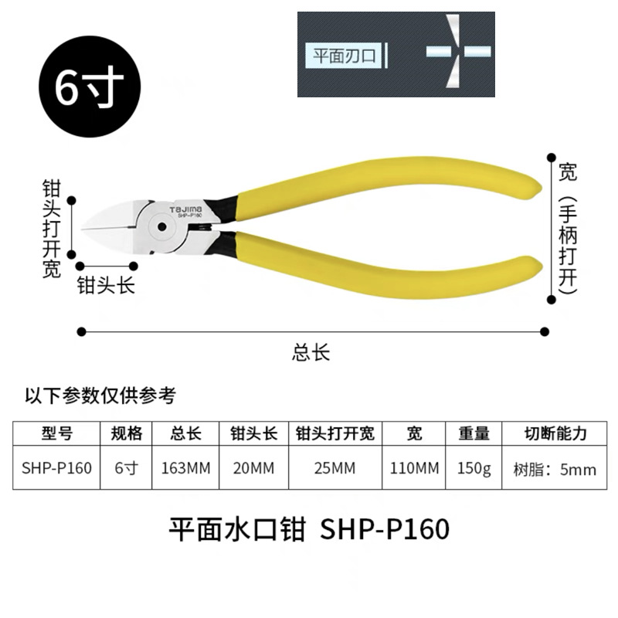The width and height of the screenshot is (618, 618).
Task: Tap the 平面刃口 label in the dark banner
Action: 344,55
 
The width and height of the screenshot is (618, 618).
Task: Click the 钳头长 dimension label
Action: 106,286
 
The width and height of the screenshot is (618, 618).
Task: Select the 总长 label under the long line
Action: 311,353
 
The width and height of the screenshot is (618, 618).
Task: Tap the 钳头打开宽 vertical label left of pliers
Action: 52,229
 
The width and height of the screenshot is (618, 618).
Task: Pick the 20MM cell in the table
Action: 253,468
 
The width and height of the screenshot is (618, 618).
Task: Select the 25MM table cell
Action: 335,468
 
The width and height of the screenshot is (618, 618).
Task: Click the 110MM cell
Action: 414,468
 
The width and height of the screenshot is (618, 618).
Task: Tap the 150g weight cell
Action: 474,468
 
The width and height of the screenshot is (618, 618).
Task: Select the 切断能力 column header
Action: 555,433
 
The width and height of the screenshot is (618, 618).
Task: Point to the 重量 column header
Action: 474,433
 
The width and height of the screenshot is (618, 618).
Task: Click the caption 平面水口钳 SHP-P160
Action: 308,530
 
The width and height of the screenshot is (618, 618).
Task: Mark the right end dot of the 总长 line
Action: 545,331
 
